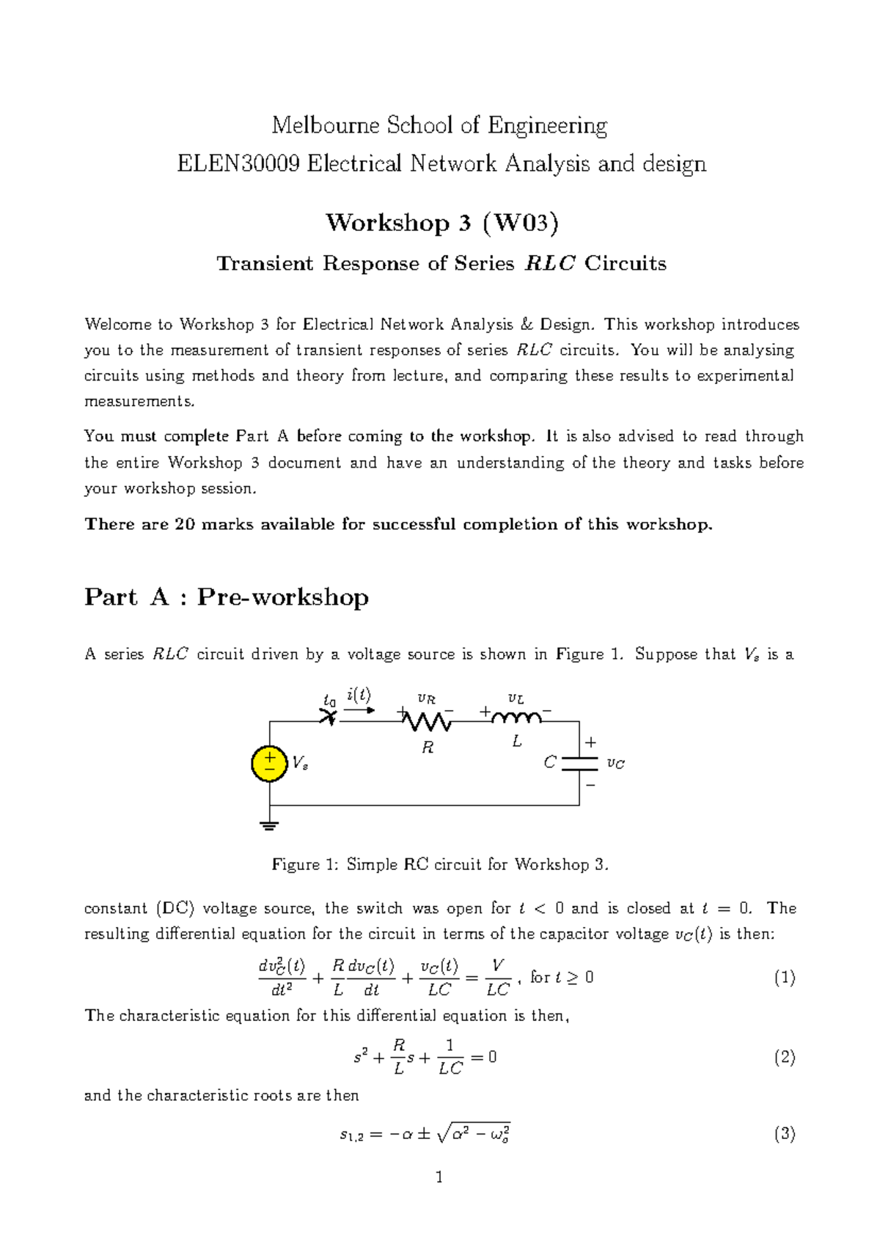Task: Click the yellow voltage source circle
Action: [x=269, y=764]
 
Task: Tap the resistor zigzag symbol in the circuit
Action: [x=428, y=722]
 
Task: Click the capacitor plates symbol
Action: [x=579, y=764]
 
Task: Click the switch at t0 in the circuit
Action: [x=329, y=718]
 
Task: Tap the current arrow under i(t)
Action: [x=359, y=709]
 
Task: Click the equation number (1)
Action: [x=784, y=978]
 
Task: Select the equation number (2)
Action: [x=784, y=1057]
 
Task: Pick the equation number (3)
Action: [x=784, y=1135]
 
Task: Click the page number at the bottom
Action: [x=439, y=1178]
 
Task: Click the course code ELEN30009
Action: [x=238, y=163]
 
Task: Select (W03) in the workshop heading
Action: [x=521, y=223]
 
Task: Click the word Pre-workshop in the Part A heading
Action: [x=282, y=597]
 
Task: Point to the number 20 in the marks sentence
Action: [x=184, y=525]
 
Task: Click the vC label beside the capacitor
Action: [x=616, y=764]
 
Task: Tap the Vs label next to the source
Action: [x=300, y=764]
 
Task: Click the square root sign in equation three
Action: [x=443, y=1135]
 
